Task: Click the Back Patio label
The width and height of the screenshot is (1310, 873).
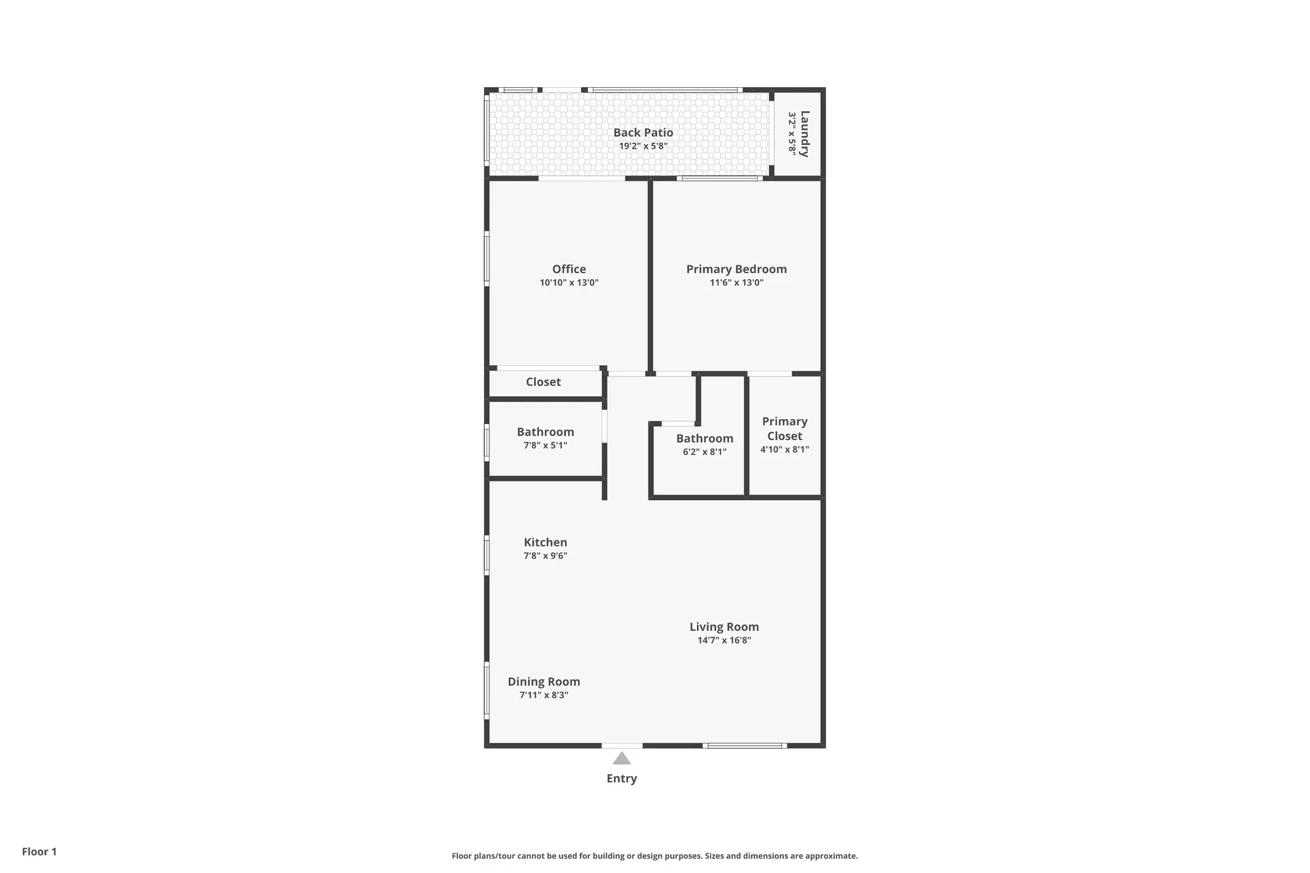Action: point(643,132)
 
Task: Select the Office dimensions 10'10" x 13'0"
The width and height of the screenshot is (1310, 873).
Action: point(569,283)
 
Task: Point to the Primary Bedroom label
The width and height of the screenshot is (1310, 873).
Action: point(736,269)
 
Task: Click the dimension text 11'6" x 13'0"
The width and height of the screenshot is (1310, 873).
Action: point(736,283)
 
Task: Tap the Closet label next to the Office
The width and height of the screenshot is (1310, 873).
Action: point(543,382)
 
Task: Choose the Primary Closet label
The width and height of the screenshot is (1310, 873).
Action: point(784,428)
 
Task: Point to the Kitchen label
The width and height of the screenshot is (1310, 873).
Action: point(545,542)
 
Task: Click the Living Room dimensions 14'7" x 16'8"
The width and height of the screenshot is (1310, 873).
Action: point(724,641)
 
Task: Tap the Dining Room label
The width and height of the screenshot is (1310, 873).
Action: point(544,682)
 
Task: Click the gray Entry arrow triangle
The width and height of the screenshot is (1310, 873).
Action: point(622,759)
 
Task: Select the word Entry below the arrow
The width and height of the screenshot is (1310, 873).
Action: point(622,779)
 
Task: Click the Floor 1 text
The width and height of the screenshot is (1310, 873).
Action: point(39,851)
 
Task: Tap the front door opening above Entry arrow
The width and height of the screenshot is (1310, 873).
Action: point(622,745)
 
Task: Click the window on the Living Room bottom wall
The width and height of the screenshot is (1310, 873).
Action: point(745,745)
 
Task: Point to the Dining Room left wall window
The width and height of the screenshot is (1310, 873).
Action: point(487,690)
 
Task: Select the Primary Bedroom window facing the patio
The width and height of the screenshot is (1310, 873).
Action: point(719,178)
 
